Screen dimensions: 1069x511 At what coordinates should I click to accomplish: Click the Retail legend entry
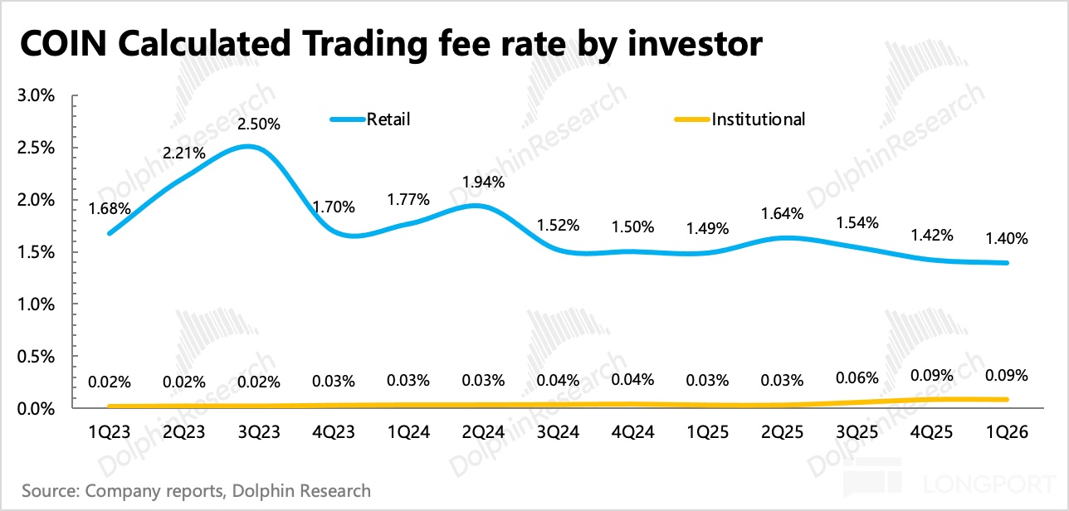[x=370, y=119]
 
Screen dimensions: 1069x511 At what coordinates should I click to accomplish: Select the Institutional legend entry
[x=740, y=119]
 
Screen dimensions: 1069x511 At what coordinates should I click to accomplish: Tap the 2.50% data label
[x=259, y=124]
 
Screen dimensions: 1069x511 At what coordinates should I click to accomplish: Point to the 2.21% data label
[x=184, y=153]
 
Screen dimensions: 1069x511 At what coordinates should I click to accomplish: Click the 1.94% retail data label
[x=483, y=182]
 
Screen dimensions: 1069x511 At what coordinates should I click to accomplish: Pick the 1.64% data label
[x=782, y=213]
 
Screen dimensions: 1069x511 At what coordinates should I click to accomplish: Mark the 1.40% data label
[x=1007, y=238]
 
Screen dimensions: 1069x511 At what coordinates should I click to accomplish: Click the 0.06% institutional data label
[x=857, y=378]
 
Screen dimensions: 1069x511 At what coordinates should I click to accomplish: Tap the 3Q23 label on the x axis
[x=259, y=432]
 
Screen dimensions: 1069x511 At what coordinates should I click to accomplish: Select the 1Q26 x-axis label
[x=1007, y=432]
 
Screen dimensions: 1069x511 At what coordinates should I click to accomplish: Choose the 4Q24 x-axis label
[x=632, y=432]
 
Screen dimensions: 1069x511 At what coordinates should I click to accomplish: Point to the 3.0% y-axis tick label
[x=36, y=95]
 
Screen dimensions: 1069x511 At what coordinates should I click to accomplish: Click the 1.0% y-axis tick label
[x=36, y=304]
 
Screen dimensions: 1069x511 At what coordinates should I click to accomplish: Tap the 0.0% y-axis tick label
[x=36, y=409]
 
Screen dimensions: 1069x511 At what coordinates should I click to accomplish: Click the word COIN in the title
[x=63, y=43]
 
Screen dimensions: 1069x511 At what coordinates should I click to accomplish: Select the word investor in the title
[x=695, y=43]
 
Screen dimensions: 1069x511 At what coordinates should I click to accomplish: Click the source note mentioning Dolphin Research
[x=196, y=490]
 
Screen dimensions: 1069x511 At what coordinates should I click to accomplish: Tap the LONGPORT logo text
[x=988, y=484]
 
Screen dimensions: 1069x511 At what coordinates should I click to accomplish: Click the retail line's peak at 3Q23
[x=248, y=147]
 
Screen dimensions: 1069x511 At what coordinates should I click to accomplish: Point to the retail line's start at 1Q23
[x=110, y=233]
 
